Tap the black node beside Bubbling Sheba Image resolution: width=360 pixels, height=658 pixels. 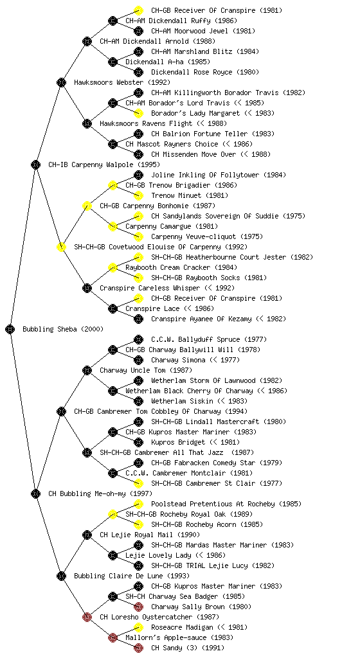[10, 330]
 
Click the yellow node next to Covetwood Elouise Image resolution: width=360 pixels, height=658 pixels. [61, 247]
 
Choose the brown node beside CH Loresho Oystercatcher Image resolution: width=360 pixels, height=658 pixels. [87, 618]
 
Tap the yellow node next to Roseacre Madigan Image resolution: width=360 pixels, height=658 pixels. [138, 627]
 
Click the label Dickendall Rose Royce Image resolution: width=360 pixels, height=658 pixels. [192, 72]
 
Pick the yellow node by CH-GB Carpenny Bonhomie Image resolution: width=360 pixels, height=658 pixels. [87, 206]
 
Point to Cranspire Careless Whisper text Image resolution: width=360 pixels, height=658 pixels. [150, 289]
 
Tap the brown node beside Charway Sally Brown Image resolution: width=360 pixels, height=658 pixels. [138, 607]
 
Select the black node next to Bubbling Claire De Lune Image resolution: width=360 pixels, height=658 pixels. [61, 576]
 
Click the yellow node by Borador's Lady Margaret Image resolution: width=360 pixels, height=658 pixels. [138, 113]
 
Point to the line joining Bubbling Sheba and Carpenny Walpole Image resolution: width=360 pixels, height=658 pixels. [23, 247]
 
